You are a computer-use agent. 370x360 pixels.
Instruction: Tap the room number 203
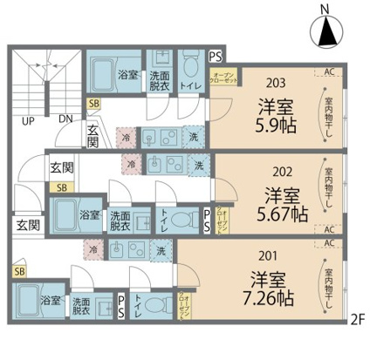(277, 85)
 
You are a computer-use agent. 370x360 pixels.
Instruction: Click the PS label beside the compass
(216, 57)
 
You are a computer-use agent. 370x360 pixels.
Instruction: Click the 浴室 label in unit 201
(51, 300)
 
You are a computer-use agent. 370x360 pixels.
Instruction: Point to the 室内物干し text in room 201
(329, 288)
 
